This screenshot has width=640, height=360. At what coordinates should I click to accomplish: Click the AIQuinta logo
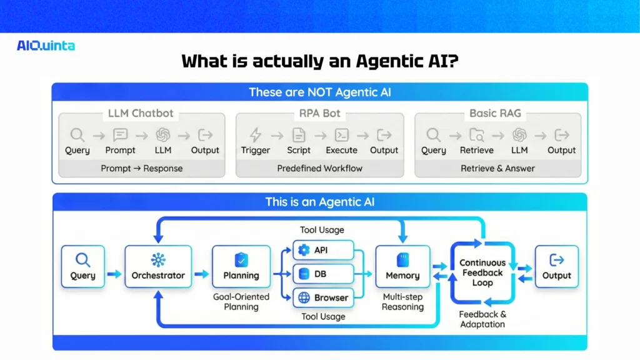click(46, 46)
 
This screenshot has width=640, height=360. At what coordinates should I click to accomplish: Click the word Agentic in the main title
click(387, 61)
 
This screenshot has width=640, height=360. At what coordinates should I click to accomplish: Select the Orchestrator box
click(158, 266)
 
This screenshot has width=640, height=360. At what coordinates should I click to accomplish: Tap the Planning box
click(241, 266)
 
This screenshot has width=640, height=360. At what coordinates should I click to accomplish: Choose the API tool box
click(323, 250)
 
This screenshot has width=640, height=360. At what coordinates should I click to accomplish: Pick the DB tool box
click(323, 274)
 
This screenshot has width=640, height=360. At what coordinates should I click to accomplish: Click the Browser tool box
click(323, 297)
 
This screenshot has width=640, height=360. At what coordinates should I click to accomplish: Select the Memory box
click(402, 266)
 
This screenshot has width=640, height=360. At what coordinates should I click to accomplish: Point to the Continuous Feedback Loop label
click(482, 272)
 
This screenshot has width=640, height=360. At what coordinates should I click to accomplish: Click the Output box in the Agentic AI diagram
click(556, 266)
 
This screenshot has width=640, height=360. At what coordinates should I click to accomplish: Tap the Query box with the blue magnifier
click(83, 266)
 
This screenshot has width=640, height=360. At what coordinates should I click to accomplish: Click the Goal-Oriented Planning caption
click(241, 302)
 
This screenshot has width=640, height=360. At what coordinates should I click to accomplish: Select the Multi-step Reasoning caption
click(402, 302)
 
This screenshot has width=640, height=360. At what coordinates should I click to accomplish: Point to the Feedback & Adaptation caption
click(482, 319)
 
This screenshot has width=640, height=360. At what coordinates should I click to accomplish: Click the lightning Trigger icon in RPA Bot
click(255, 134)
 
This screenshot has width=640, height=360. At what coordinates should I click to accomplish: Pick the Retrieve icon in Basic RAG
click(476, 134)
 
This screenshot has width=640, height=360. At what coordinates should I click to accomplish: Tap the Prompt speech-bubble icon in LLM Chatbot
click(120, 134)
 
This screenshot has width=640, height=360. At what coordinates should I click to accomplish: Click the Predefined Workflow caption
click(319, 168)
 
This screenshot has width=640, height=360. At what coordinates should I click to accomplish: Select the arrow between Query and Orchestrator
click(114, 274)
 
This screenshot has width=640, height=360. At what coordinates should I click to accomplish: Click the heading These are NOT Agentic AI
click(319, 92)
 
